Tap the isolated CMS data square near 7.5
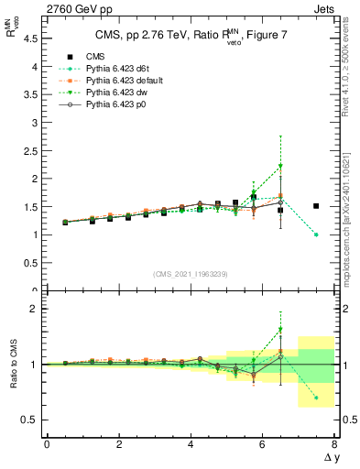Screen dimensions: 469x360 tap(316, 206)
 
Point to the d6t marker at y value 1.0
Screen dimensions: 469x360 tap(316, 234)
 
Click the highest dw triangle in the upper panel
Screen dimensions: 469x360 tap(280, 166)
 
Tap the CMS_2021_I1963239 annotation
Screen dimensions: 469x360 tap(190, 273)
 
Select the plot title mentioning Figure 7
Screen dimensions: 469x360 tap(190, 37)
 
